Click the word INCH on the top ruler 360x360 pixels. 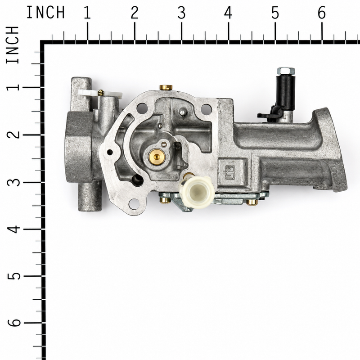point(46,13)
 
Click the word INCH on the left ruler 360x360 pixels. point(13,45)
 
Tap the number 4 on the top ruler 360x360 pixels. point(228,13)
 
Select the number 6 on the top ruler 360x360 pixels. point(322,13)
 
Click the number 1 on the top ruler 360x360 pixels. point(87,13)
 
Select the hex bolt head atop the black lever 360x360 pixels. point(286,71)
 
